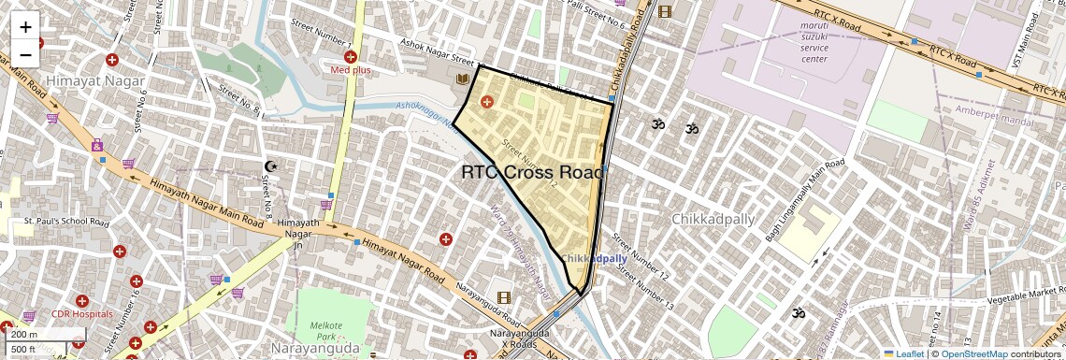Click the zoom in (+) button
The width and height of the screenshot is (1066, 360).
coord(25,26)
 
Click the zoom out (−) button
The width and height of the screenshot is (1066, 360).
coord(25,54)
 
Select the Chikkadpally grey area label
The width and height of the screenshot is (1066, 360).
coord(712,219)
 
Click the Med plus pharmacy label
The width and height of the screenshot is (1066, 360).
coord(351,70)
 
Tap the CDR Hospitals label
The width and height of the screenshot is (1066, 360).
coord(81,314)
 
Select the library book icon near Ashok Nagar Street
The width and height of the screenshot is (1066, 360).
coord(461,79)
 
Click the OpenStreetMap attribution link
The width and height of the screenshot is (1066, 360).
coord(974,353)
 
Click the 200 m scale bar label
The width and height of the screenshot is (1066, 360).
coord(24,335)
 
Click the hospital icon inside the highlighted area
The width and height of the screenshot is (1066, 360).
coord(486,101)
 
